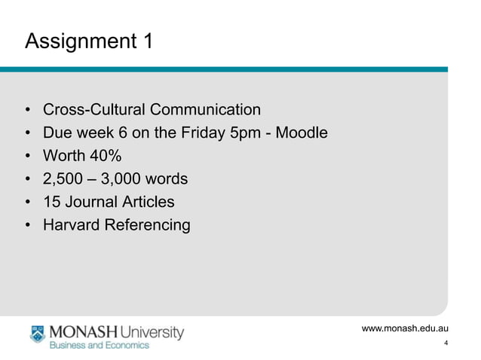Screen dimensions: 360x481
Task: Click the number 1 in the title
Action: click(x=146, y=41)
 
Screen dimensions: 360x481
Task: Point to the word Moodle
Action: click(x=302, y=133)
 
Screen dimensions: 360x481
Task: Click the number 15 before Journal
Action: click(x=51, y=202)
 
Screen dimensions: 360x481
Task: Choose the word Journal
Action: click(x=90, y=202)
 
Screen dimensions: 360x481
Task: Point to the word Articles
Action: click(x=148, y=202)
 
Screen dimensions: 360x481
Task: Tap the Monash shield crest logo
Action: click(x=38, y=335)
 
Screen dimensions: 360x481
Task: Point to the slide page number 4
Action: click(x=447, y=344)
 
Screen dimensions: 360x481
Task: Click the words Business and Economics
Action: click(x=100, y=346)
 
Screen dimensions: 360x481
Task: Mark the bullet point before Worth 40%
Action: click(x=28, y=157)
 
